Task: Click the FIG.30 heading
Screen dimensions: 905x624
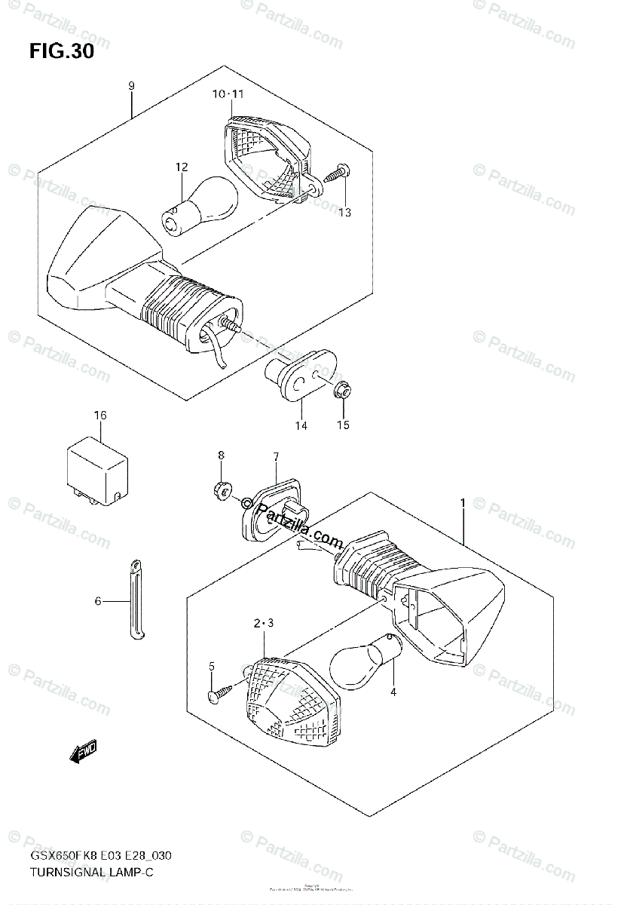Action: (62, 52)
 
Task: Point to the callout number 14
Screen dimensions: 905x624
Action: (301, 425)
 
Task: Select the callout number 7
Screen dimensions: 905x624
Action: (276, 456)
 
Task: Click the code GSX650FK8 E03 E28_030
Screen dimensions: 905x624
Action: (102, 857)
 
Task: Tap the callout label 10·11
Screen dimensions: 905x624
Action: (228, 94)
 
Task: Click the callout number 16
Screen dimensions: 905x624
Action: (100, 416)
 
